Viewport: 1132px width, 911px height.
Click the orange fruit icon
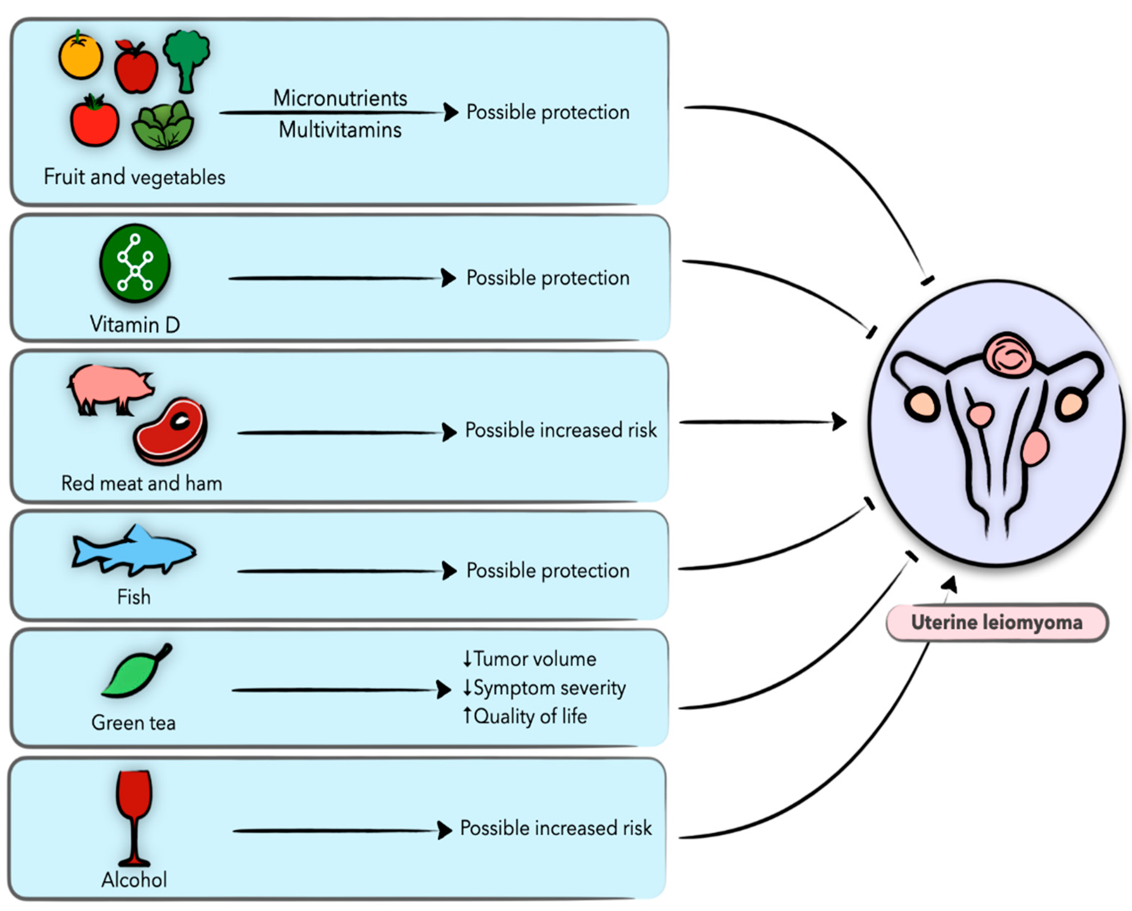(x=80, y=55)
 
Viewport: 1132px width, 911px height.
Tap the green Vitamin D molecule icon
(x=135, y=263)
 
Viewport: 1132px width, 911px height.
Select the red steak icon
(x=171, y=431)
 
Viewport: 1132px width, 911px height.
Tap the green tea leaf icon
(x=136, y=672)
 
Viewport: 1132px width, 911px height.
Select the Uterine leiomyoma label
(x=996, y=622)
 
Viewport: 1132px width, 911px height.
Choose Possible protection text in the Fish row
(x=547, y=570)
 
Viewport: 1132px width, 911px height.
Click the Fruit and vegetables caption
(x=135, y=177)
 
